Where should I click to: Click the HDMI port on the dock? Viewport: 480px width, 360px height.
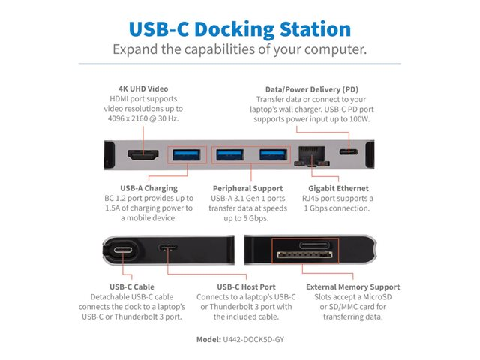[143, 155]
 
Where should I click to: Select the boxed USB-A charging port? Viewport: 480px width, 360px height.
[187, 155]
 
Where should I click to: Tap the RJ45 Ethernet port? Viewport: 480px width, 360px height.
[312, 156]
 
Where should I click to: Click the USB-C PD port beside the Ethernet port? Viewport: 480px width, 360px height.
[348, 151]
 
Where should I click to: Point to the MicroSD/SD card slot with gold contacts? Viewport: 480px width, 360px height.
[304, 254]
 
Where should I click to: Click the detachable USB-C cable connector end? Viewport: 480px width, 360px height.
[123, 250]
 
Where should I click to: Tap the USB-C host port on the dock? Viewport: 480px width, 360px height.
[168, 247]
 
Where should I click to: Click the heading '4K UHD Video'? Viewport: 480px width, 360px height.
[143, 88]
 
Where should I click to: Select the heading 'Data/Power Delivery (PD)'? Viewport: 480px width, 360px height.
[312, 89]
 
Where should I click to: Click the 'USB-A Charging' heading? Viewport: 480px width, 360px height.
[148, 188]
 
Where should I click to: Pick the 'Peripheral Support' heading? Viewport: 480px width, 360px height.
[247, 188]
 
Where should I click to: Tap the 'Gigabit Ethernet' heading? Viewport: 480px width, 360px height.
[338, 188]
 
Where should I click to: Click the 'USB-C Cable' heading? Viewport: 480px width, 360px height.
[132, 286]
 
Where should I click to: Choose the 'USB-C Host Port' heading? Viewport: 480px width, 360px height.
[246, 286]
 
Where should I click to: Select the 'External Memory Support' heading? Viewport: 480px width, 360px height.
[353, 286]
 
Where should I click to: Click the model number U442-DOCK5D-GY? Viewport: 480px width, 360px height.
[253, 339]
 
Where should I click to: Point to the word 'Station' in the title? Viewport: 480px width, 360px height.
[315, 29]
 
